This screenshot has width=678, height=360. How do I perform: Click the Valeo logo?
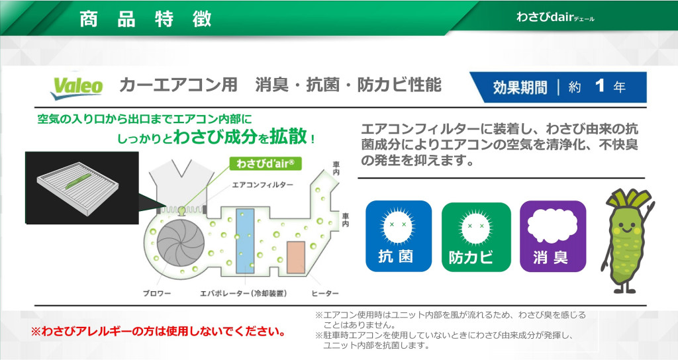pyautogui.click(x=77, y=87)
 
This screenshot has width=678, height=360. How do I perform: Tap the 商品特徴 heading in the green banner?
pyautogui.click(x=145, y=19)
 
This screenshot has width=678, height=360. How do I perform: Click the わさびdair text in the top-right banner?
pyautogui.click(x=556, y=17)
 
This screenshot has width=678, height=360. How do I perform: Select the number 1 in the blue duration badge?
pyautogui.click(x=599, y=85)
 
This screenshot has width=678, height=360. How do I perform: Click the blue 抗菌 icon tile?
pyautogui.click(x=398, y=236)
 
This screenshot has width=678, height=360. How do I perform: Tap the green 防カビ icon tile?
pyautogui.click(x=475, y=237)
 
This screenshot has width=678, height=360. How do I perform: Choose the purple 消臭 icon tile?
pyautogui.click(x=553, y=236)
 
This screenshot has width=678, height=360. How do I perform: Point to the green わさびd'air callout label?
pyautogui.click(x=265, y=163)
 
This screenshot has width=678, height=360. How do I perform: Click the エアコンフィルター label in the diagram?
pyautogui.click(x=262, y=185)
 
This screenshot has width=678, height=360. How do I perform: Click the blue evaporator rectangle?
pyautogui.click(x=245, y=241)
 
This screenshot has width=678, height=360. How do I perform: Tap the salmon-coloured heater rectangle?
pyautogui.click(x=296, y=257)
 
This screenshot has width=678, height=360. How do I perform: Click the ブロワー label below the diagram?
pyautogui.click(x=157, y=293)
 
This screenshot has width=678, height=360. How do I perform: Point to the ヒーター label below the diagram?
pyautogui.click(x=324, y=293)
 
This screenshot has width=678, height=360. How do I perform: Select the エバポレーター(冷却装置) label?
pyautogui.click(x=244, y=293)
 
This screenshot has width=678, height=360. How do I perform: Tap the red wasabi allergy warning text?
pyautogui.click(x=158, y=332)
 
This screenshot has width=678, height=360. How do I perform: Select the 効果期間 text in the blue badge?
pyautogui.click(x=520, y=87)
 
